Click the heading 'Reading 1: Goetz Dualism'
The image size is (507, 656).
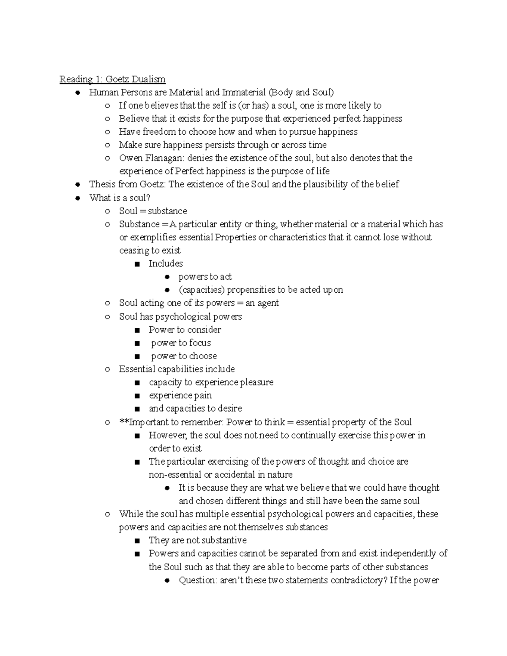(x=112, y=79)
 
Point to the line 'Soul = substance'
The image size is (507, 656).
(x=153, y=211)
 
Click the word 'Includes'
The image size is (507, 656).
(x=166, y=264)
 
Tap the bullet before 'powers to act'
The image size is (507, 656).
(x=167, y=277)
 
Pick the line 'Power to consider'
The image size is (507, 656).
(x=185, y=329)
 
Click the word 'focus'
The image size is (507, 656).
(x=200, y=343)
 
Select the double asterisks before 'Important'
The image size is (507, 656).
(x=123, y=422)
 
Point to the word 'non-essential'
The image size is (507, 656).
(x=175, y=474)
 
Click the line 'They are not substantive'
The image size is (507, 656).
(x=197, y=540)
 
